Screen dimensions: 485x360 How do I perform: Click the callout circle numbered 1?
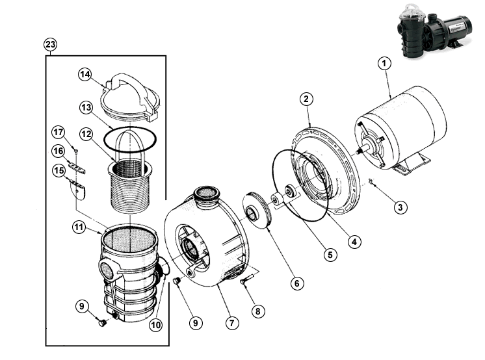[384, 64]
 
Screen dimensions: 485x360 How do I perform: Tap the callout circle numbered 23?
[51, 45]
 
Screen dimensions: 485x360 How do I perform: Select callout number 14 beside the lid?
[85, 75]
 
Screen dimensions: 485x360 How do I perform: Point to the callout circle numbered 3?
[400, 207]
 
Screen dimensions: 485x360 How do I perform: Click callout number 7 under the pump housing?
[232, 323]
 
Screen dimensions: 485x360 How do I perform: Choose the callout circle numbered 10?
[155, 325]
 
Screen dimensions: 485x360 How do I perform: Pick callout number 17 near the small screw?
[58, 133]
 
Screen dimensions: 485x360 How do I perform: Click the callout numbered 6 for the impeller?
[297, 283]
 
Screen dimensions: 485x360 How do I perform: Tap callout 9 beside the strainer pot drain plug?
[82, 306]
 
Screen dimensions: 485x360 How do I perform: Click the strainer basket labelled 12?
[130, 186]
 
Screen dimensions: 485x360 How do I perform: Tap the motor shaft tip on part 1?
[358, 151]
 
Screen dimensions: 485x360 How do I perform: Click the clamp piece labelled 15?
[77, 189]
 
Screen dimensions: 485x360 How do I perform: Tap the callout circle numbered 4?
[354, 242]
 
